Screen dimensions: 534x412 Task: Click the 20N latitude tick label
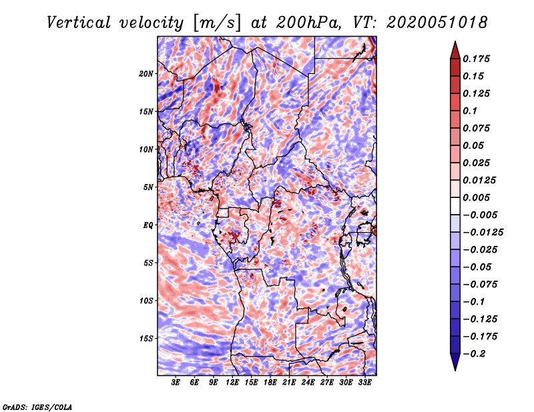pyautogui.click(x=146, y=74)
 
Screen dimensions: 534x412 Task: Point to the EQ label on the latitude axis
pyautogui.click(x=148, y=225)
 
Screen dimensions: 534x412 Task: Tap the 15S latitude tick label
pyautogui.click(x=146, y=339)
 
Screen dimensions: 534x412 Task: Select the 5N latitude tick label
pyautogui.click(x=148, y=187)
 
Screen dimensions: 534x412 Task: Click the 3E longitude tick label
pyautogui.click(x=176, y=383)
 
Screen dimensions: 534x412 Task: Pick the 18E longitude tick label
pyautogui.click(x=270, y=383)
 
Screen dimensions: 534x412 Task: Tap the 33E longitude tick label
pyautogui.click(x=364, y=383)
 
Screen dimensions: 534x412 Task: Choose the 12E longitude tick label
pyautogui.click(x=232, y=383)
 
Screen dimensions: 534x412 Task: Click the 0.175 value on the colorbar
pyautogui.click(x=476, y=59)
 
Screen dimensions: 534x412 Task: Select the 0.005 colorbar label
pyautogui.click(x=476, y=197)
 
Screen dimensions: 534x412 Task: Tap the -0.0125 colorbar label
pyautogui.click(x=483, y=233)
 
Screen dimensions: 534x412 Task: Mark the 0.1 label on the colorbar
pyautogui.click(x=470, y=111)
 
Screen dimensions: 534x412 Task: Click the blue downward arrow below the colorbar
pyautogui.click(x=455, y=362)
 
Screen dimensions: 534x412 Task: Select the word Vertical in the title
pyautogui.click(x=79, y=23)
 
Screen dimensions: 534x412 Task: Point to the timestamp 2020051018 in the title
pyautogui.click(x=437, y=23)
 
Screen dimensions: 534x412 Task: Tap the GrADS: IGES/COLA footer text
pyautogui.click(x=37, y=407)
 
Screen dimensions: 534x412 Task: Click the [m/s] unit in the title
pyautogui.click(x=216, y=23)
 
